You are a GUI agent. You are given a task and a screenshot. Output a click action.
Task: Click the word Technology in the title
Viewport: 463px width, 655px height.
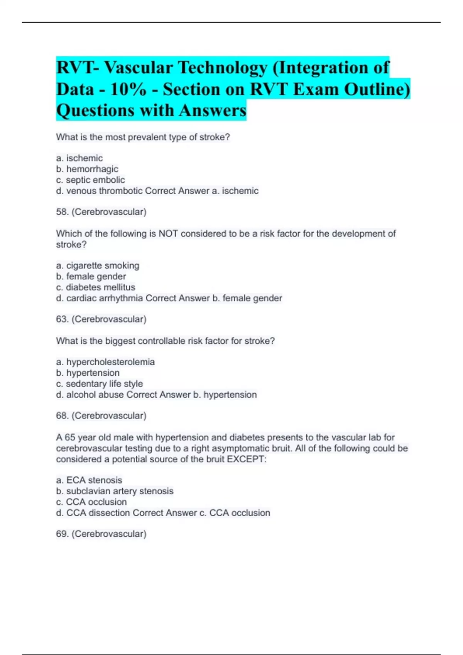pos(223,68)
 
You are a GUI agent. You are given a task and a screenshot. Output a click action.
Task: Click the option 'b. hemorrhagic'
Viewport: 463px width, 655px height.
pos(87,169)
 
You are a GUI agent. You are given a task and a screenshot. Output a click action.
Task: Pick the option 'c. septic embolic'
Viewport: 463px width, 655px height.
pos(90,180)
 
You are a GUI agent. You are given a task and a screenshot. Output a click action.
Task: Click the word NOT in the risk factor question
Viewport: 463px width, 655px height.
pos(168,233)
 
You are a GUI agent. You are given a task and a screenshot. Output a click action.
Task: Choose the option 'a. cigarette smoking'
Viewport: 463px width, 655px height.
pos(98,265)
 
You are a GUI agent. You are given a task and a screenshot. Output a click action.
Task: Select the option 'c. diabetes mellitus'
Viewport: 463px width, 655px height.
pos(96,287)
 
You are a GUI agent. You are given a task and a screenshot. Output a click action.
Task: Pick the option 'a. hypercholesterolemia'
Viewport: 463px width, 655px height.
pos(105,362)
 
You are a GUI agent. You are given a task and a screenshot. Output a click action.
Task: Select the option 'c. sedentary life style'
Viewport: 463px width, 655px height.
pos(99,384)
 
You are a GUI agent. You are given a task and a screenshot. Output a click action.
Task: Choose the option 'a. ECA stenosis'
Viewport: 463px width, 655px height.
pos(89,480)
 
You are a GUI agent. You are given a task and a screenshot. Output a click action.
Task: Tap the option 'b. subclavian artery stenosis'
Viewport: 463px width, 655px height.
pos(115,491)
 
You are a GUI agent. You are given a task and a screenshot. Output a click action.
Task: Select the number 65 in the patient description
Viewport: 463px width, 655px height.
pos(70,438)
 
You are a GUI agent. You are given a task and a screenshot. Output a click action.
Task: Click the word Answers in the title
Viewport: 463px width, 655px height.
pos(212,111)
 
